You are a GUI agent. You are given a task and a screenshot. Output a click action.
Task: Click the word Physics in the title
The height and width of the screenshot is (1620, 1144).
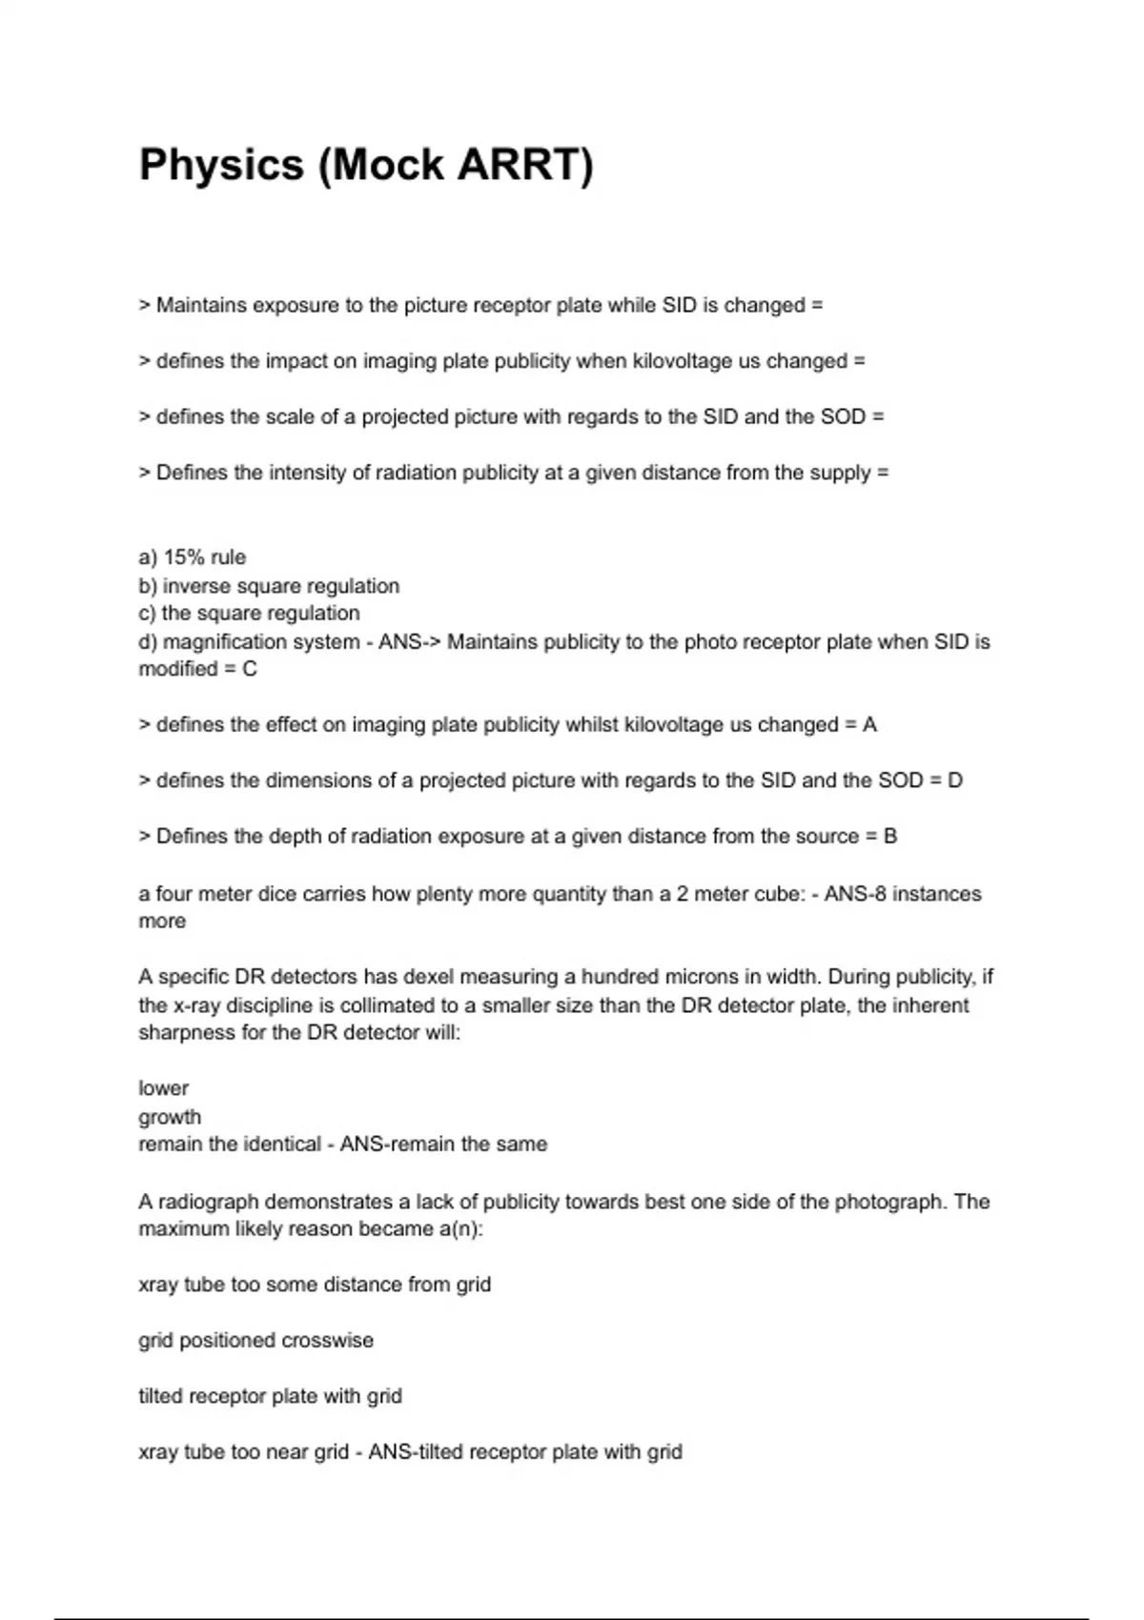[221, 166]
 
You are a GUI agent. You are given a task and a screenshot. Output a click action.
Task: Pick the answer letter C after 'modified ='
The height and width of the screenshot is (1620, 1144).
[250, 669]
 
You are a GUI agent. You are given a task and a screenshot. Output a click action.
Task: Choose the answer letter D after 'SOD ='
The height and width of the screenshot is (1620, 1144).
[954, 780]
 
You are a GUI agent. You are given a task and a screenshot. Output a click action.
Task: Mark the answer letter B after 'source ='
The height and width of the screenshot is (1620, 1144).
[890, 837]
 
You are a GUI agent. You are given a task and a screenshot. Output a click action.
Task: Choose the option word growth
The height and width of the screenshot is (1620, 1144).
[170, 1117]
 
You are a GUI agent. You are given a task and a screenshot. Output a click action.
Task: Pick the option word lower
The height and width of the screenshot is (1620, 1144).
[164, 1088]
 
